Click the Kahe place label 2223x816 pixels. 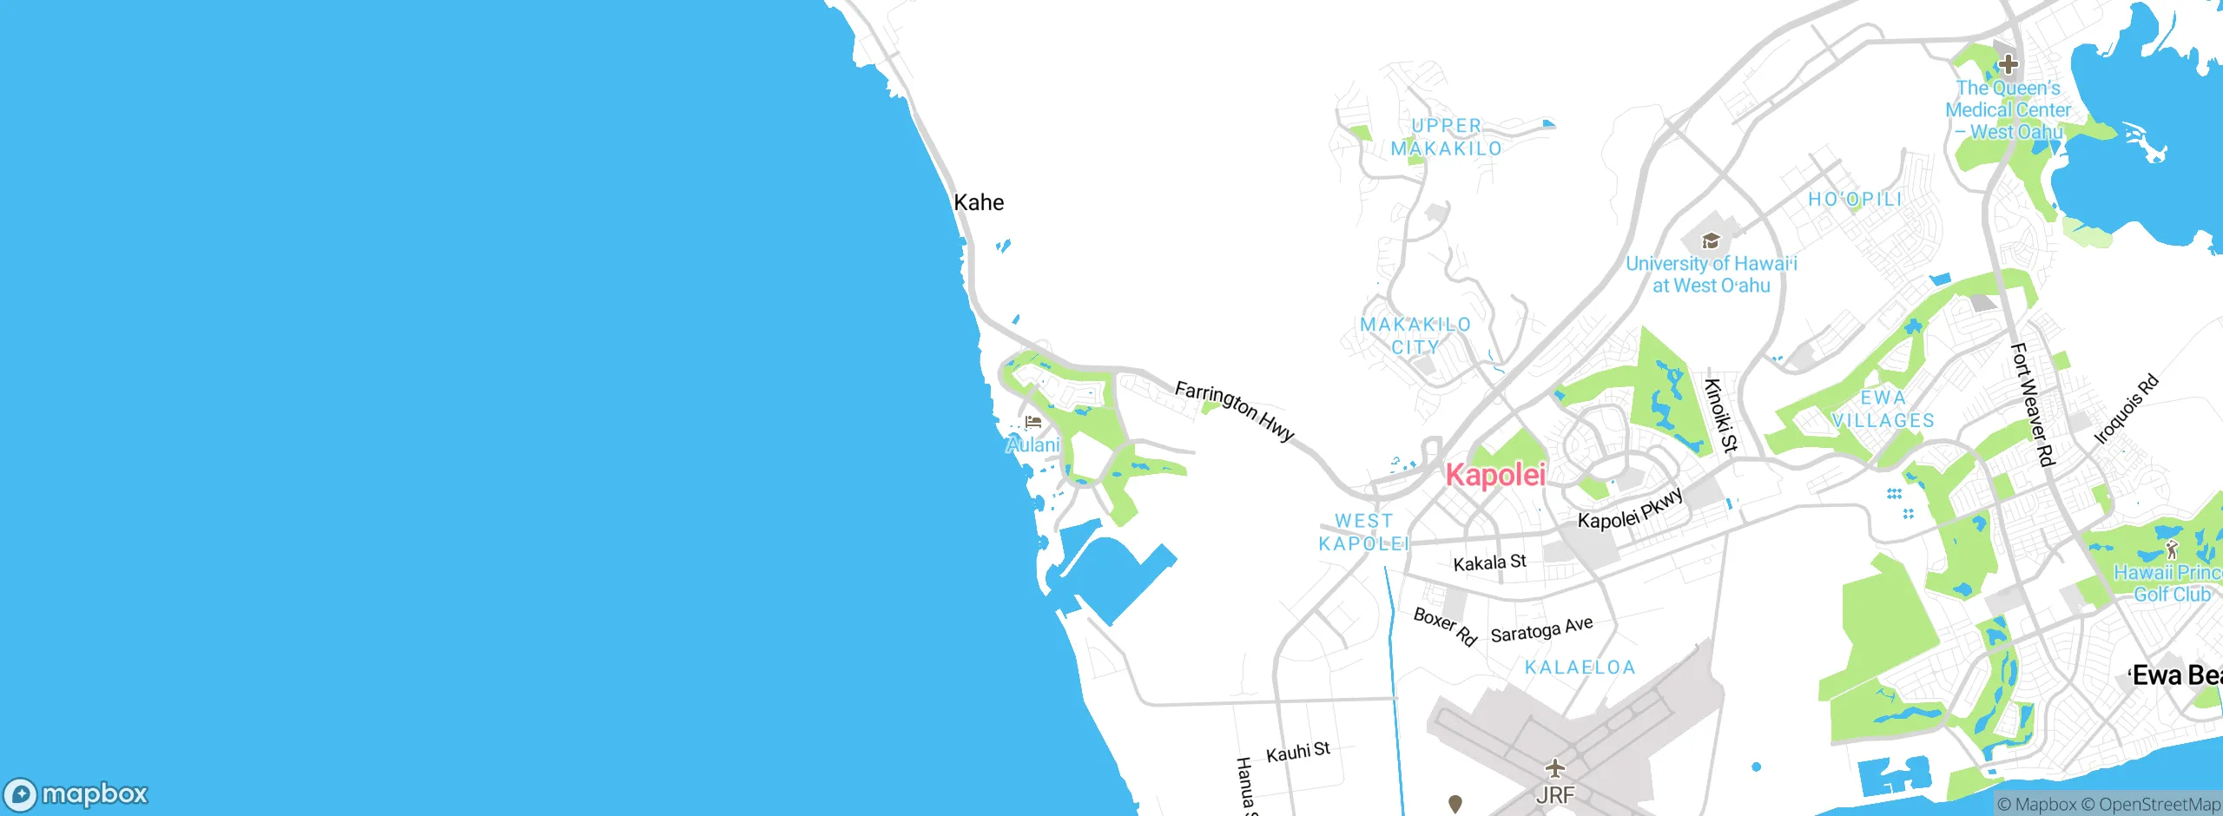[x=979, y=202]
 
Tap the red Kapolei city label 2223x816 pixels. [x=1495, y=475]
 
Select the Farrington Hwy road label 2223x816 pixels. [x=1234, y=411]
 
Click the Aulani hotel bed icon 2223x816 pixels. [x=1032, y=422]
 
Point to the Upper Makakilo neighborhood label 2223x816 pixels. [x=1446, y=137]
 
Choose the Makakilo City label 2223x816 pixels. [x=1415, y=335]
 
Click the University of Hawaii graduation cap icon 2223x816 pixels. [x=1710, y=240]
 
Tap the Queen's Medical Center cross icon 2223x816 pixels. [x=2008, y=64]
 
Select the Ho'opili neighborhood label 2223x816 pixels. [x=1855, y=199]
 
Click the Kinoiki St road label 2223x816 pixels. [x=1720, y=416]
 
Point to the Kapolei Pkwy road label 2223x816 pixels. [x=1630, y=509]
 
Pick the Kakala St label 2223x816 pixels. [x=1489, y=563]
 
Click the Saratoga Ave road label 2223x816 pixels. [x=1541, y=628]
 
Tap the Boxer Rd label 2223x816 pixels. [x=1445, y=627]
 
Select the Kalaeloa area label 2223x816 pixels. [x=1580, y=667]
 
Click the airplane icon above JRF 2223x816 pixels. [x=1554, y=768]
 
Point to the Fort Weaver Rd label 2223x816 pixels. [x=2032, y=405]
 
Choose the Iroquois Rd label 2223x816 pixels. [x=2126, y=409]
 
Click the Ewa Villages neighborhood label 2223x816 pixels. [x=1883, y=409]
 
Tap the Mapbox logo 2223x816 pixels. [x=76, y=793]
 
